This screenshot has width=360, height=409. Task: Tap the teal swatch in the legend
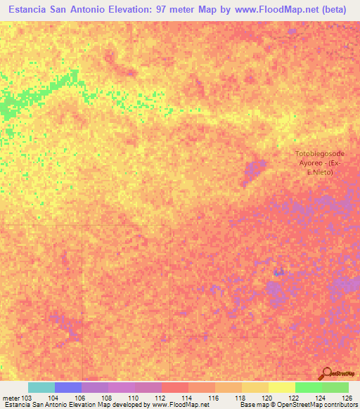tap(41, 387)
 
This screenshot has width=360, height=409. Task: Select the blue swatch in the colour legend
tap(67, 387)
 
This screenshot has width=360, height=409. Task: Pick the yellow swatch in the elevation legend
tap(281, 387)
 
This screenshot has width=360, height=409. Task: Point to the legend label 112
tap(160, 398)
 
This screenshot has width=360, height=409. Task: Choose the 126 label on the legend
tap(347, 398)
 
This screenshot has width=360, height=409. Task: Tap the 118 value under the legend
tap(240, 398)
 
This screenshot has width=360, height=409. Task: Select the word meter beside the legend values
tap(10, 398)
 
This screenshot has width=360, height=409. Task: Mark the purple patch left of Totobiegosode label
tap(254, 171)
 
